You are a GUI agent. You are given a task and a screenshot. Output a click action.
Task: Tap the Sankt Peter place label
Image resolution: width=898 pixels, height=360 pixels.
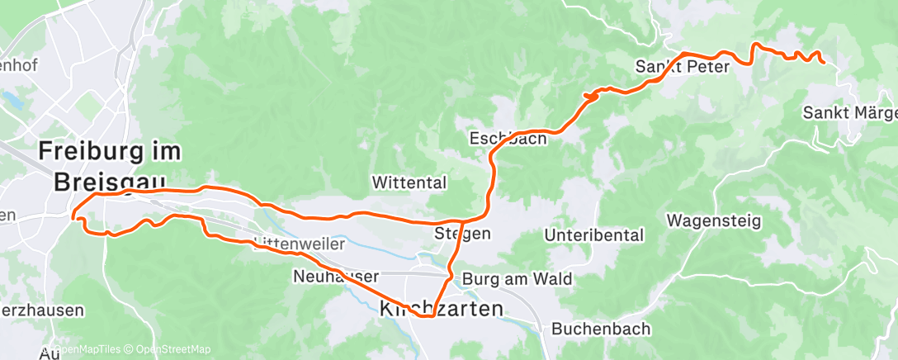(683, 67)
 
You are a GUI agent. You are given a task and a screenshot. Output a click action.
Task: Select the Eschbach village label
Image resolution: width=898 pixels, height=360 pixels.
(508, 138)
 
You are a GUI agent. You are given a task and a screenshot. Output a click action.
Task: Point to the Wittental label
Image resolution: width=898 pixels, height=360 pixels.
(409, 182)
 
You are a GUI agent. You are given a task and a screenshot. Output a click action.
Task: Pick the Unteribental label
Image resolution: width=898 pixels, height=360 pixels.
(593, 235)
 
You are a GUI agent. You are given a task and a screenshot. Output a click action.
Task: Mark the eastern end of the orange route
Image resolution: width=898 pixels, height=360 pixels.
(823, 61)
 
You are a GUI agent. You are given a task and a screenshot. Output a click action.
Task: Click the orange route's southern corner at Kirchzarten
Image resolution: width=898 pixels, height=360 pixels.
(430, 315)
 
